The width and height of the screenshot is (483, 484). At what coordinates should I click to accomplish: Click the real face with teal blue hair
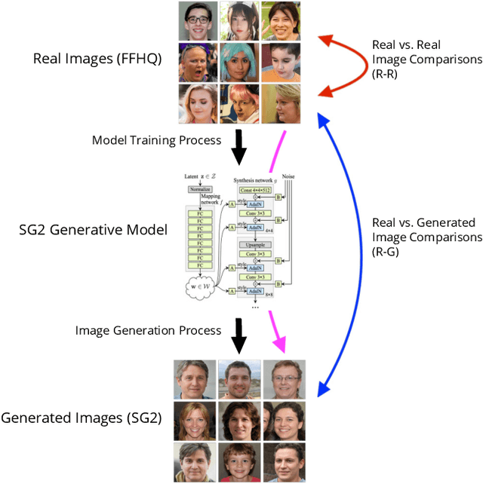tap(240, 62)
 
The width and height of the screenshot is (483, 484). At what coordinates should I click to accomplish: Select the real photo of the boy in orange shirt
tap(281, 62)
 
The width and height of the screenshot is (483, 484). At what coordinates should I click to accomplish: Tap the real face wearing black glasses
tap(198, 21)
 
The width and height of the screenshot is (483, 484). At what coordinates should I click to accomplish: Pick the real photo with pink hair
tap(240, 103)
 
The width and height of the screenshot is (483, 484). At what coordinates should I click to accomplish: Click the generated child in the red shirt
tap(240, 462)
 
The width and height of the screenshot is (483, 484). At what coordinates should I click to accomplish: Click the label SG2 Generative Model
tap(93, 229)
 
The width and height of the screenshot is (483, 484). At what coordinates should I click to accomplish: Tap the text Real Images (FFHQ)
tap(97, 59)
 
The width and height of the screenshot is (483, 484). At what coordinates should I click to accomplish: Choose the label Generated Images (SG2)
tap(82, 418)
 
